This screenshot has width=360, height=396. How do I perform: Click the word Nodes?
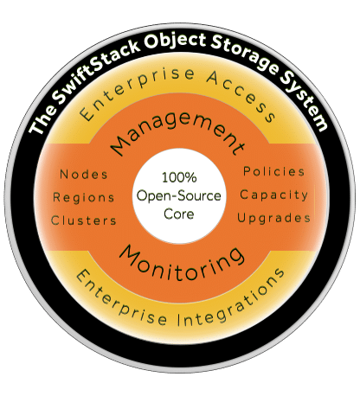[84, 175]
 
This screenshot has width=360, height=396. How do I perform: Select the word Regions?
[84, 198]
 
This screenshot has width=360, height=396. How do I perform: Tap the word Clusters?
[84, 220]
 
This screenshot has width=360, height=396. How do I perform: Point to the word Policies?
[273, 172]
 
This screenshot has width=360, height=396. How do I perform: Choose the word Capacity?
[273, 195]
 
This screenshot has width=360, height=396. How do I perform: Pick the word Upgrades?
[273, 219]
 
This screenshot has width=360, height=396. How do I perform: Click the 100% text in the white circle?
[179, 177]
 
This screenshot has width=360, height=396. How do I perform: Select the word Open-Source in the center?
[179, 196]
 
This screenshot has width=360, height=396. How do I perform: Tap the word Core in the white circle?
[179, 214]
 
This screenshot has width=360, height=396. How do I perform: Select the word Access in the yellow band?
[241, 95]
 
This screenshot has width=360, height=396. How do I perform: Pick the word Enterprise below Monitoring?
[119, 300]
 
